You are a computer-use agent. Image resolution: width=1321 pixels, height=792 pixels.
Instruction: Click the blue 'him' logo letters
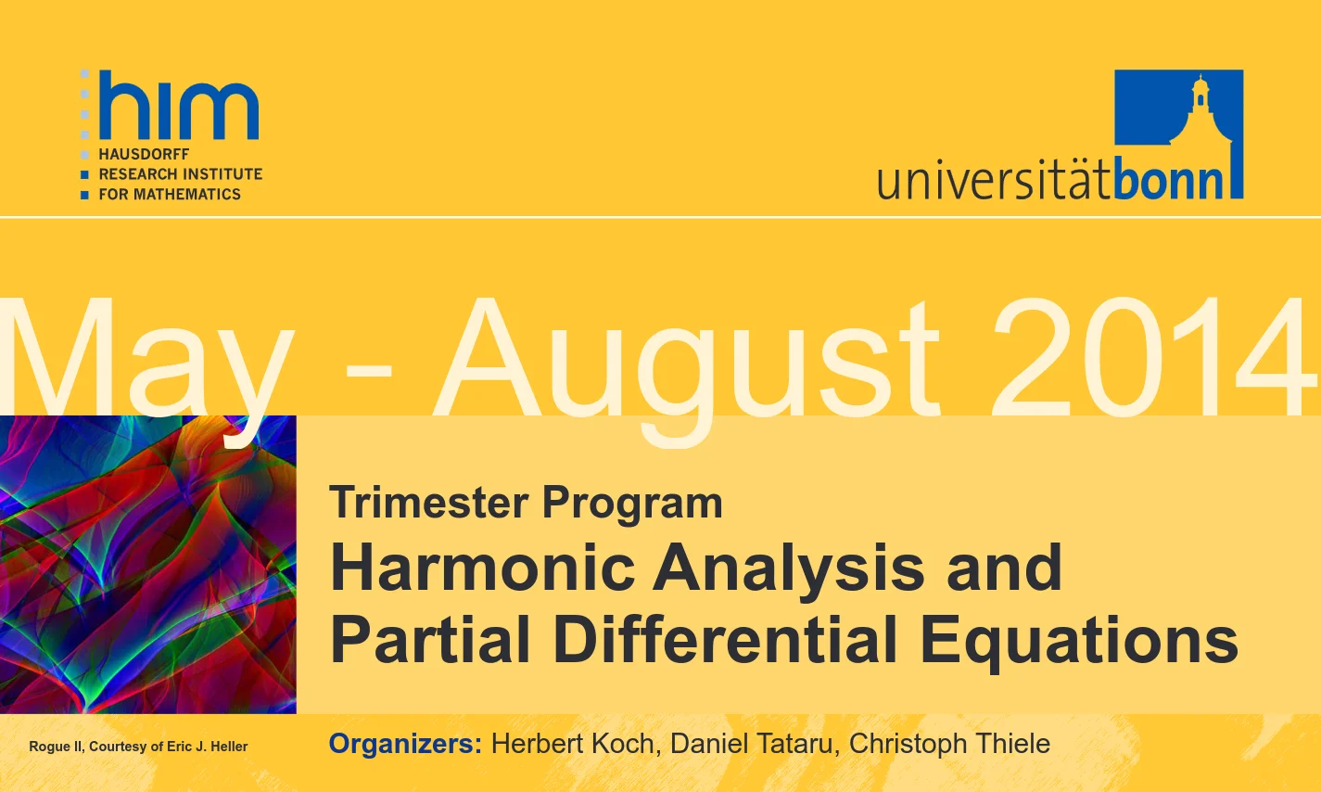pos(179,105)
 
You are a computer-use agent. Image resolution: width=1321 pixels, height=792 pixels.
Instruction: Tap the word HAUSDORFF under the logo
pos(144,155)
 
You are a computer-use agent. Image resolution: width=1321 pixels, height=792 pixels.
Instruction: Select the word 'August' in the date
pos(687,366)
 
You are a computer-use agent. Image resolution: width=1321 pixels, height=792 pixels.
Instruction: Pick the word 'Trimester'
pos(428,503)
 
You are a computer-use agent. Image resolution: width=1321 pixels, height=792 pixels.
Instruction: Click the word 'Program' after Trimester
pos(632,505)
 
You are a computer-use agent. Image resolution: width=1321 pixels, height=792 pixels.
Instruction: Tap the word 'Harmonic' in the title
pos(482,568)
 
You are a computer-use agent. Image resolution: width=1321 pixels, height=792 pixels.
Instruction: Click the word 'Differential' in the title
pos(725,639)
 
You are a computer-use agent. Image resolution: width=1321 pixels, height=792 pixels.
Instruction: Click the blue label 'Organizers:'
pos(406,744)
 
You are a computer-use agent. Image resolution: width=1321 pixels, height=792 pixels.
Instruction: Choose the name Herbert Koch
pos(573,744)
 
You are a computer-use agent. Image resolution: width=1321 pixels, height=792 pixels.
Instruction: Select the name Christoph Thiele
pos(949,744)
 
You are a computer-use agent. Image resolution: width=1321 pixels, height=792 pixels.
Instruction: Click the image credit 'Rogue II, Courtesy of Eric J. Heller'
pos(138,747)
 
